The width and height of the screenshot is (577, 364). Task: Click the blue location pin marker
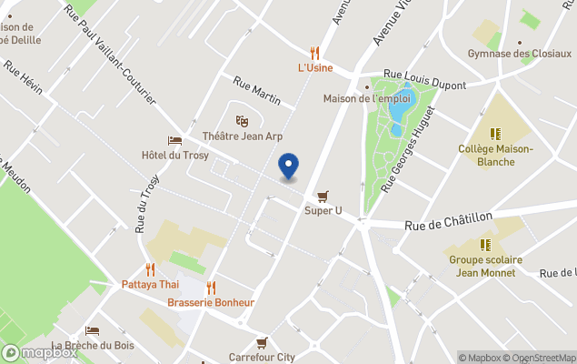[x=288, y=166]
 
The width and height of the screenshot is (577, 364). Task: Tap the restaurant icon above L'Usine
[x=315, y=53]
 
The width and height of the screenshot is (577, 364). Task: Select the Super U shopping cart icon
[x=323, y=196]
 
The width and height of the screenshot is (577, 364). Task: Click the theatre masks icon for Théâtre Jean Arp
[x=242, y=120]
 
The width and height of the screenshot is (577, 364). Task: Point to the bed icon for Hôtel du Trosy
[x=174, y=140]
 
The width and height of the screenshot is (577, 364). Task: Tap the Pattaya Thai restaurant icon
[x=150, y=269]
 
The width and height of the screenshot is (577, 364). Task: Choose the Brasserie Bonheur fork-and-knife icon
[x=211, y=288]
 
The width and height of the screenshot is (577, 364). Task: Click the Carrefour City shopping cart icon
[x=262, y=342]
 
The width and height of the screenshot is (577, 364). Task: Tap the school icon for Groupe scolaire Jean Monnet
[x=486, y=244]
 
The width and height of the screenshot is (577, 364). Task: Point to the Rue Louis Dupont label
[x=424, y=81]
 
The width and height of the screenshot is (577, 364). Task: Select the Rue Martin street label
[x=256, y=89]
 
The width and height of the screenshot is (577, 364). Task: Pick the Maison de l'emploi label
[x=368, y=98]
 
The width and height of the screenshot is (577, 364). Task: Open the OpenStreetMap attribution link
[x=542, y=358]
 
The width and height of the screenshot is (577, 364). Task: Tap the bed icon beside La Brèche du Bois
[x=92, y=330]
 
